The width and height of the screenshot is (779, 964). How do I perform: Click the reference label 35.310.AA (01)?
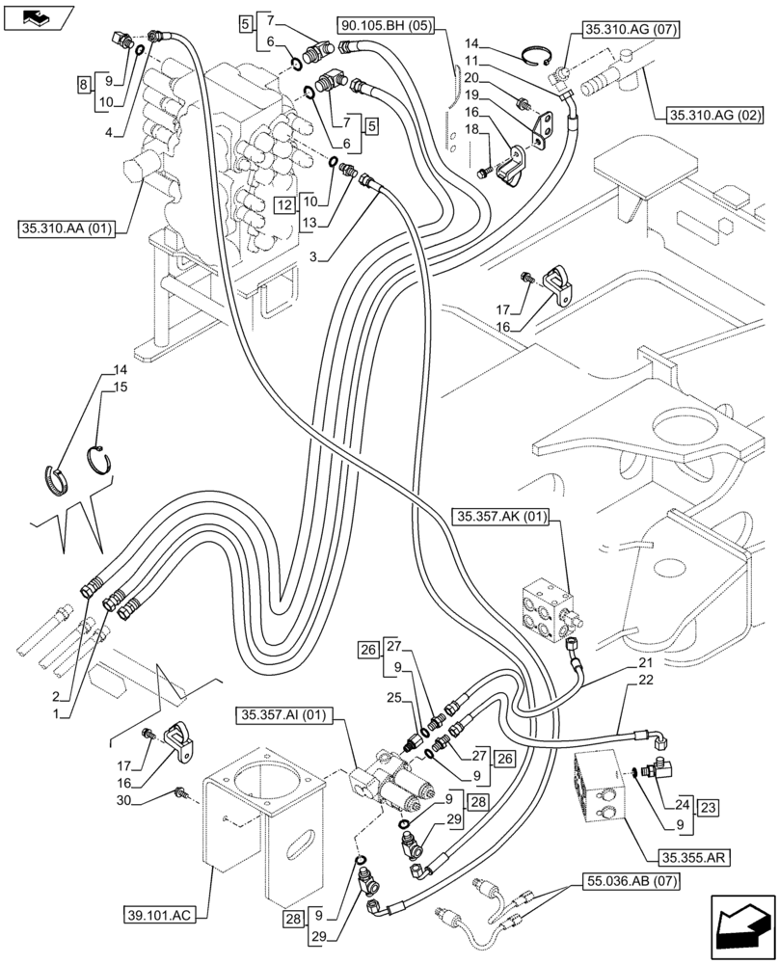tap(66, 229)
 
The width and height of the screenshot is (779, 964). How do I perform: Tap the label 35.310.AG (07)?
tap(631, 31)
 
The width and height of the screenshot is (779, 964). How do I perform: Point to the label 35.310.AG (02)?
tap(713, 117)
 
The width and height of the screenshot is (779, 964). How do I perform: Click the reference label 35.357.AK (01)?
tap(498, 519)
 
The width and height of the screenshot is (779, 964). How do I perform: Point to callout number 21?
tap(645, 665)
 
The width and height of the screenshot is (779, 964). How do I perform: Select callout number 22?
tap(645, 683)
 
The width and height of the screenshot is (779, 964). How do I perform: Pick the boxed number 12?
tap(282, 204)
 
